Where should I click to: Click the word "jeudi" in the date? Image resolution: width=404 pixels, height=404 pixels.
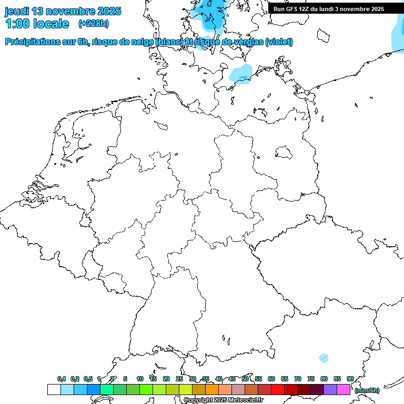point(17,11)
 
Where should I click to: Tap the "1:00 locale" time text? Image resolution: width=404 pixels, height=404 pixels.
point(37,24)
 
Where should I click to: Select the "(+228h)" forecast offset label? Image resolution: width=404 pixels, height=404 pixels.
point(94,24)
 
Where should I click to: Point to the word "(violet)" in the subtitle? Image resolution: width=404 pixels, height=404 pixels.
point(279,42)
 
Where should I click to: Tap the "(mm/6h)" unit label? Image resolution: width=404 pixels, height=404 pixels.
point(367,390)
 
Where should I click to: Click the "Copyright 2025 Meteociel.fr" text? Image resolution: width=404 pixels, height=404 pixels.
point(223,400)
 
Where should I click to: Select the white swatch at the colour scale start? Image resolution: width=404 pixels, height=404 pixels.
point(54,390)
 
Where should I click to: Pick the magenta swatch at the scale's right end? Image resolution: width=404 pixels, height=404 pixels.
point(344,390)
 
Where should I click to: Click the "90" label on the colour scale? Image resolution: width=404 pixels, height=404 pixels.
point(350,379)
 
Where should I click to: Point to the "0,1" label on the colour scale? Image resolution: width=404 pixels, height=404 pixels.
point(62,379)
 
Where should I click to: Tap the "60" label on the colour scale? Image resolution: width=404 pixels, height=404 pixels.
point(271,379)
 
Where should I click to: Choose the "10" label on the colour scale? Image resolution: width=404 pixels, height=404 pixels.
point(140,379)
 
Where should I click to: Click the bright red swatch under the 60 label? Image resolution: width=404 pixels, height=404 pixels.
point(278,390)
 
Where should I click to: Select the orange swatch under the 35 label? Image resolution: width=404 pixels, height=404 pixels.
point(212,390)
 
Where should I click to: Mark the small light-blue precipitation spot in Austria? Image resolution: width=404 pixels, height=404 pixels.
point(324,358)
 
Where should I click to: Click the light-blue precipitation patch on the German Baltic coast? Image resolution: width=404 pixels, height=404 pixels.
point(241,74)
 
